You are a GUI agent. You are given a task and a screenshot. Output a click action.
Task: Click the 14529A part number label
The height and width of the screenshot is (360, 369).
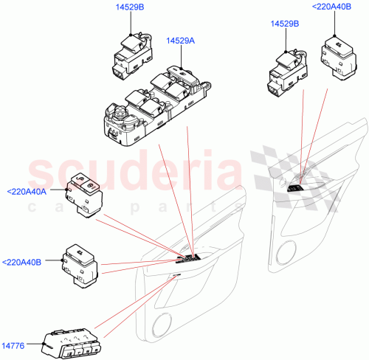(x=179, y=41)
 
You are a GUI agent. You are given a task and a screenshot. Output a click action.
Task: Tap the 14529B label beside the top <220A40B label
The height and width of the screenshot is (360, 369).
(x=285, y=24)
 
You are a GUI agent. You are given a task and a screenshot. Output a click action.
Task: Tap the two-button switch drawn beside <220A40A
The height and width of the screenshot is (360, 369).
(x=84, y=195)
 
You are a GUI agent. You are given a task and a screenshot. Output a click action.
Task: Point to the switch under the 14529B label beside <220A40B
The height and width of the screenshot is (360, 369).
(x=283, y=69)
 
